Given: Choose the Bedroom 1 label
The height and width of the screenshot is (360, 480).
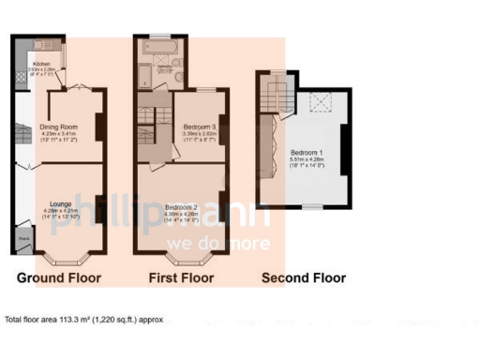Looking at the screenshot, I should (307, 152).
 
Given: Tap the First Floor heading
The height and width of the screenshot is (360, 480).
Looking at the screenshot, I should (182, 278).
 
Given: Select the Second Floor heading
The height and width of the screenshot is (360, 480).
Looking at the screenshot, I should (303, 278).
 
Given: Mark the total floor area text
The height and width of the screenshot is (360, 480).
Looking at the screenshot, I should (83, 319).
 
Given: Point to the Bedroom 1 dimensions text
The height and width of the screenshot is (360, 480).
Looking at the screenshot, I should (307, 162).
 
